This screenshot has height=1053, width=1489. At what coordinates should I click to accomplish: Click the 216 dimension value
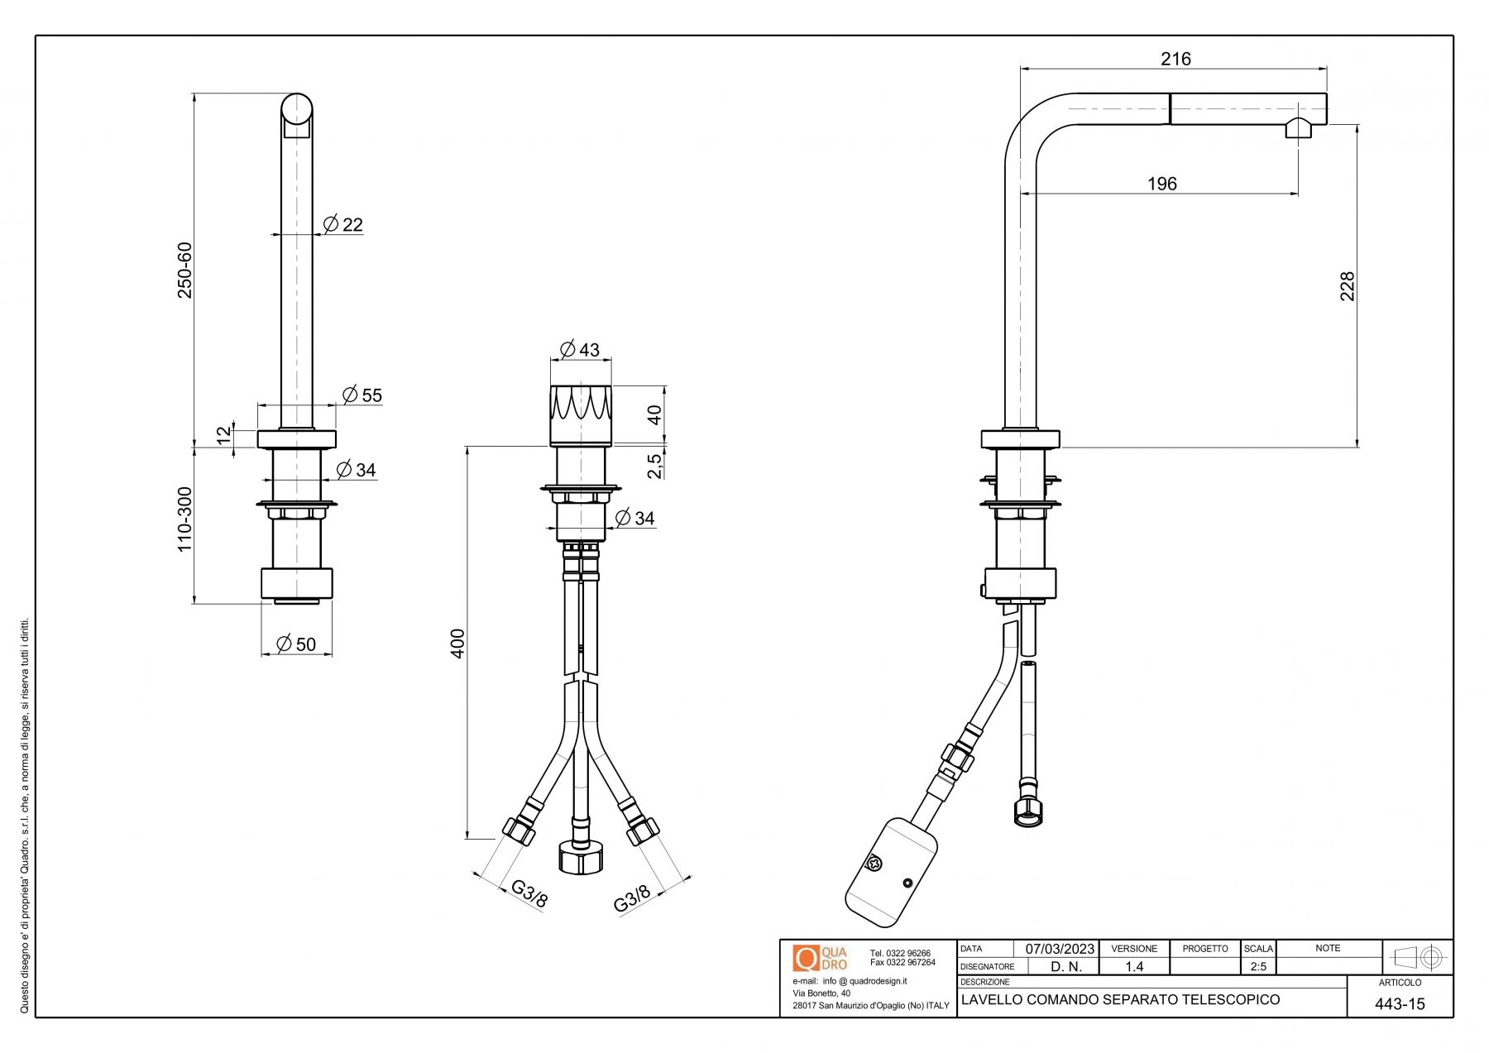[1175, 59]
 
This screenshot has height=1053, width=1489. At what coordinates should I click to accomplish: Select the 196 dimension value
[1161, 184]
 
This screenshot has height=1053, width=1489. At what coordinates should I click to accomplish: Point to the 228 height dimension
[1348, 286]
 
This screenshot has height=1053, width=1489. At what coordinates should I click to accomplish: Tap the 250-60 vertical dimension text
[184, 270]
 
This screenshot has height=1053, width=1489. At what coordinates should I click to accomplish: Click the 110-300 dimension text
[184, 519]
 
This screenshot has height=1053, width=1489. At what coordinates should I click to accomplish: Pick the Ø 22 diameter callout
[343, 224]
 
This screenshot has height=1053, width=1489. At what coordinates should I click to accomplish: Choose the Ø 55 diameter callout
[362, 395]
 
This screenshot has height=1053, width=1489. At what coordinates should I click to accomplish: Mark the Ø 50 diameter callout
[296, 644]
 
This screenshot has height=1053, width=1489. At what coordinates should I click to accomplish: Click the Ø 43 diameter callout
[580, 349]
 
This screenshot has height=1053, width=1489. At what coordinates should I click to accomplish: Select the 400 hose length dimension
[457, 643]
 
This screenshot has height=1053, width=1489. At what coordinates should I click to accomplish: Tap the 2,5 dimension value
[654, 465]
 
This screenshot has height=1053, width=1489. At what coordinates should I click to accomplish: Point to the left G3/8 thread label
[529, 893]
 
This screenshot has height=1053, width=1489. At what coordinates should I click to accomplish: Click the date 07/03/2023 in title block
[1060, 949]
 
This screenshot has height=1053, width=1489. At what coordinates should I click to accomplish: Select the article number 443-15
[1400, 1004]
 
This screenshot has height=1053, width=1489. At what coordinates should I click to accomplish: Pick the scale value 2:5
[1257, 966]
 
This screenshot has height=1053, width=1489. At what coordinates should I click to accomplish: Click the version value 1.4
[1133, 966]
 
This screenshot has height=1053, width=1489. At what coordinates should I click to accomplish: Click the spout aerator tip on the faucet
[1297, 130]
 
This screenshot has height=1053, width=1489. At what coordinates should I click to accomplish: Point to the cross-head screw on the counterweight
[872, 863]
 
